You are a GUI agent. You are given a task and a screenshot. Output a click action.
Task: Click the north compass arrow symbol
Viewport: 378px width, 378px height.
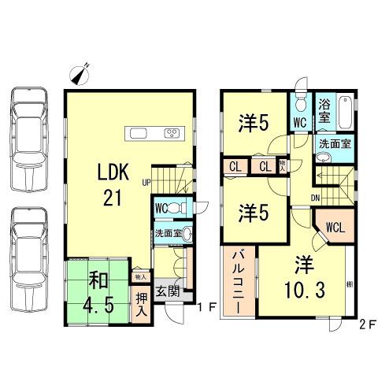pos(79,74)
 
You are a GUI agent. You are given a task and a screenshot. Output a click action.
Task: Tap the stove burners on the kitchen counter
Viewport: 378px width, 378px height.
pos(172,132)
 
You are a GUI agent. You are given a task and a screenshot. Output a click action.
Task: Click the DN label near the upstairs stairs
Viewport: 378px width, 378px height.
pos(314,197)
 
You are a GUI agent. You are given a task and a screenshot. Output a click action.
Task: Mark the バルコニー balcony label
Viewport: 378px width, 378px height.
pos(239,282)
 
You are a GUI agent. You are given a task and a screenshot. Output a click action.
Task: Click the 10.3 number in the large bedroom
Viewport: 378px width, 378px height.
pos(302,290)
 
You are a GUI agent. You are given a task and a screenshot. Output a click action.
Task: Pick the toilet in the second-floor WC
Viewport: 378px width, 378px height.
pos(300,105)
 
